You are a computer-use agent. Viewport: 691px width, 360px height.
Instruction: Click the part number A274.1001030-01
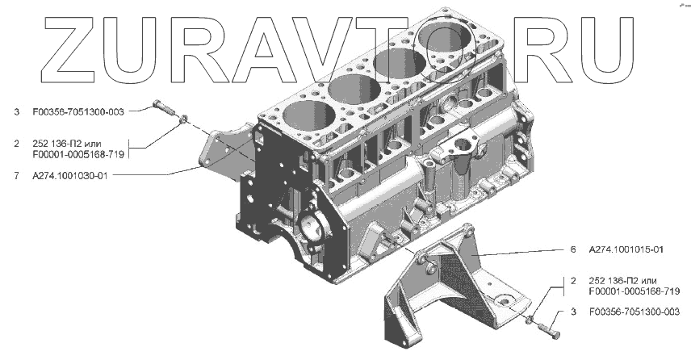[x=69, y=175]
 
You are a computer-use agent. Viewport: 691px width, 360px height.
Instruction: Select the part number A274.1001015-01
[x=626, y=249]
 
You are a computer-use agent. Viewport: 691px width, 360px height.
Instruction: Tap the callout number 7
[x=16, y=175]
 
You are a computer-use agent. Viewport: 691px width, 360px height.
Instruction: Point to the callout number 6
[x=573, y=249]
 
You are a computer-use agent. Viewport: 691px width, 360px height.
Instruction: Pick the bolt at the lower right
[x=550, y=329]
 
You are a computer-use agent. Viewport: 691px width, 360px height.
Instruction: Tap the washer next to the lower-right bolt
[x=531, y=319]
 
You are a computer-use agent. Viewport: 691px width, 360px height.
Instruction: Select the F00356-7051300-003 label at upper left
[x=78, y=112]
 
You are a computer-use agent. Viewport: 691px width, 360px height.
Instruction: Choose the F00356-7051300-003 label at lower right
[x=634, y=312]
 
